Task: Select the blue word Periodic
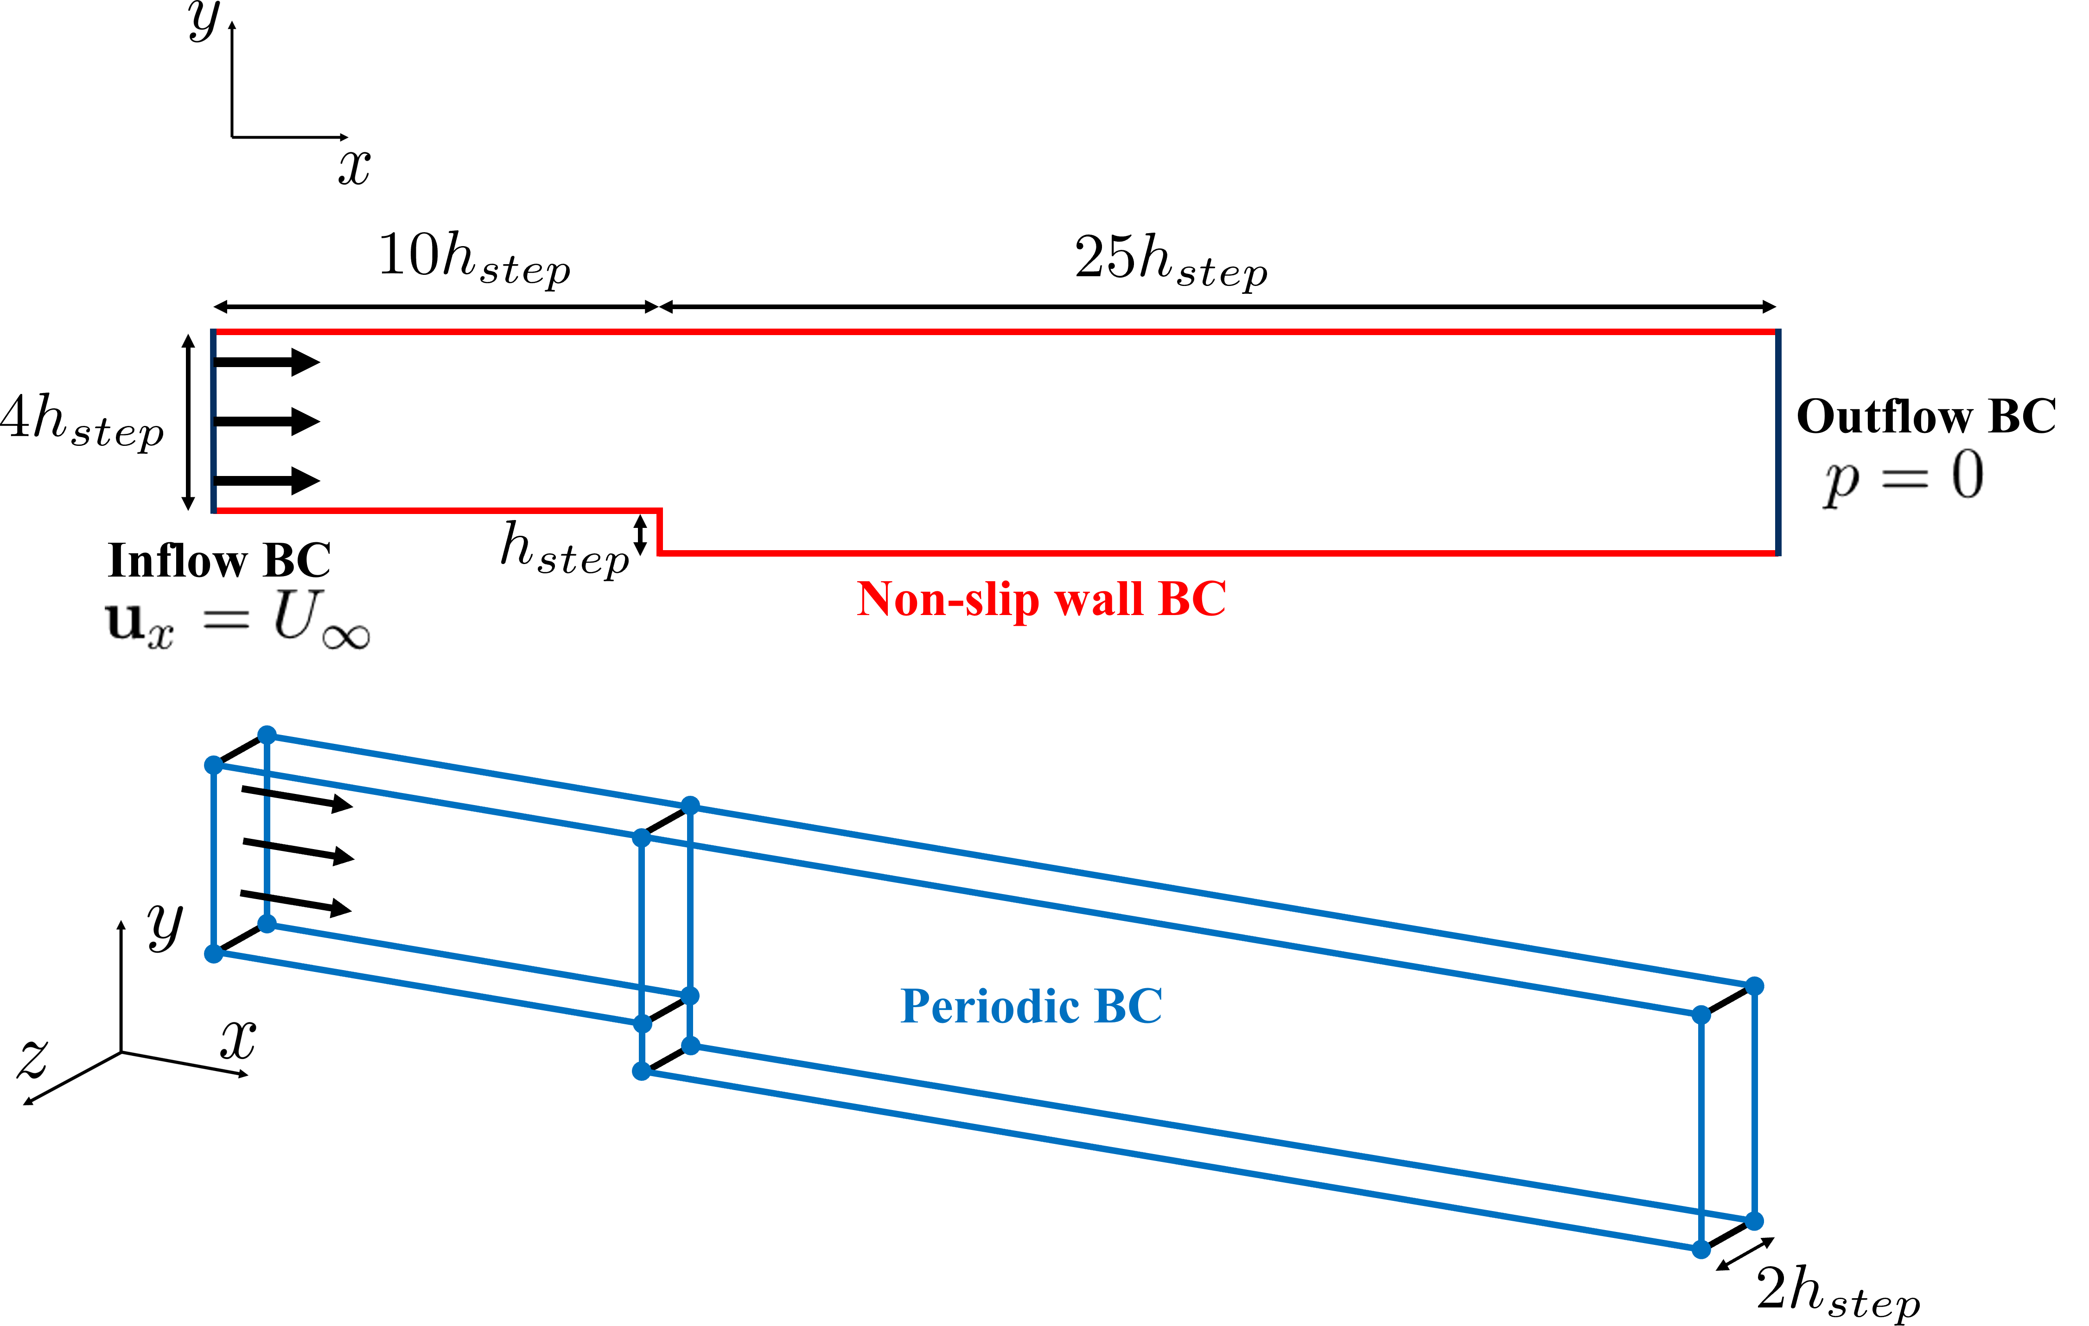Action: coord(989,1007)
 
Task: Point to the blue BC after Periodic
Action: coord(1128,1006)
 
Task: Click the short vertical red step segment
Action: coord(660,531)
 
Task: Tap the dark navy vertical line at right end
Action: coord(1777,442)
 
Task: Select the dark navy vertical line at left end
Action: coord(213,421)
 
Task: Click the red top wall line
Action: coord(998,331)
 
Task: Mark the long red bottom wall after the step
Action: coord(1215,552)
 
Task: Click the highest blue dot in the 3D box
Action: coord(267,736)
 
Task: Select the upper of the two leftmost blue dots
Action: coord(213,765)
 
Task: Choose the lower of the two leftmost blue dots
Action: coord(213,954)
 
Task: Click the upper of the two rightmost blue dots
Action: coord(1754,986)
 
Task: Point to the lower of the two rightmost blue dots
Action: coord(1754,1221)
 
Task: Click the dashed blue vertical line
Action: coord(267,832)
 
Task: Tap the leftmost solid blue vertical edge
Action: coord(213,858)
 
